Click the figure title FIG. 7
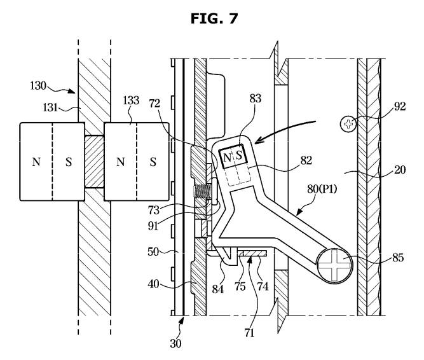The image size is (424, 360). (x=214, y=18)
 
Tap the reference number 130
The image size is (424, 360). (x=38, y=86)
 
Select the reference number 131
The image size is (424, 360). (x=50, y=107)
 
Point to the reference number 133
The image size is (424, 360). (x=131, y=100)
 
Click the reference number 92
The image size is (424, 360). (x=400, y=107)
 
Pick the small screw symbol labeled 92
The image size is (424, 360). (x=348, y=124)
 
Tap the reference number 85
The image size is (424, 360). (x=398, y=258)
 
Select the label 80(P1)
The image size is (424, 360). (x=322, y=189)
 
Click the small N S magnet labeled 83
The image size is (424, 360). (x=233, y=156)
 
